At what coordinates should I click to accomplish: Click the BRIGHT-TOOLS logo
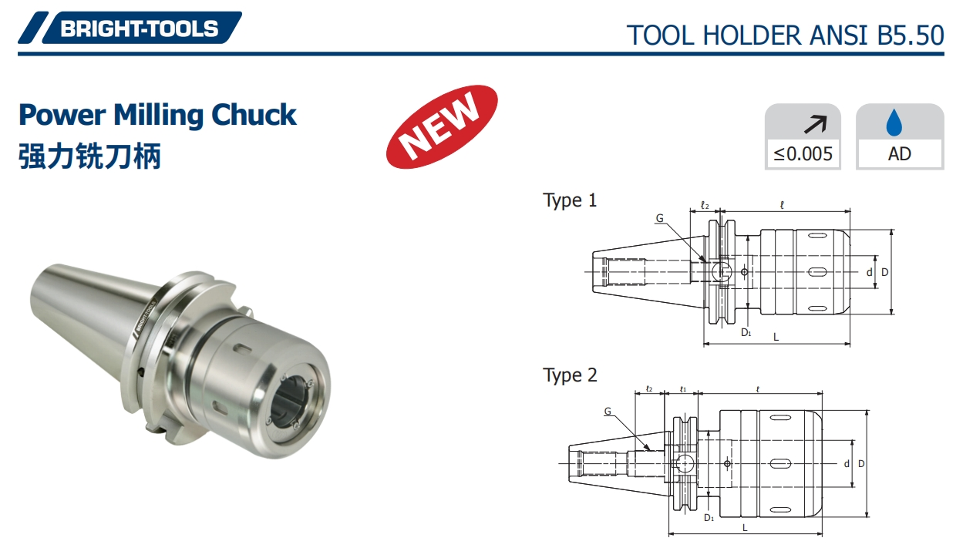point(139,29)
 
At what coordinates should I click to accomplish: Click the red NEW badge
point(441,126)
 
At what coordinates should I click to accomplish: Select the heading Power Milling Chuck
point(157,115)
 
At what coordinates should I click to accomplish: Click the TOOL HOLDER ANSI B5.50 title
point(785,35)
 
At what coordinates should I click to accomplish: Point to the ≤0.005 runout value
point(803,153)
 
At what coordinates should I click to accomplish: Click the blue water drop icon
point(899,122)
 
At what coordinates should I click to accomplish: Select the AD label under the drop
point(899,153)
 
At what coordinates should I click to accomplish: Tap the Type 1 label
point(570,200)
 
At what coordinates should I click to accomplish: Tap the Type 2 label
point(570,375)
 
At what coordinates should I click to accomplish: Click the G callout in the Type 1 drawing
point(659,218)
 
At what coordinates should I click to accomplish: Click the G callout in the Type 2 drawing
point(608,412)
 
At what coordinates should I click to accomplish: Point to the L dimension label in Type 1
point(776,337)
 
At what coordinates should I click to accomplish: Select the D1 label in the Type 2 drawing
point(709,517)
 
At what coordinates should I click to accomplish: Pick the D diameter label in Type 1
point(885,272)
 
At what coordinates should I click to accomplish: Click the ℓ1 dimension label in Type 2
point(682,389)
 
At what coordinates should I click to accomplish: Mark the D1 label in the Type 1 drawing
point(746,332)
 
